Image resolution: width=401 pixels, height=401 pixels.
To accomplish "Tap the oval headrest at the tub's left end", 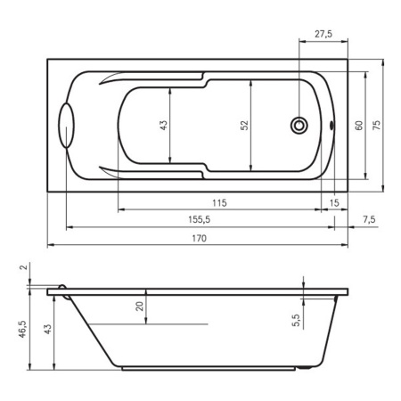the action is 67,126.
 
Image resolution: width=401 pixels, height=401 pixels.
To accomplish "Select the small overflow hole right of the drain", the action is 331,126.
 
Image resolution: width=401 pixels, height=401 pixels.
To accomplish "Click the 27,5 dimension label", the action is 323,34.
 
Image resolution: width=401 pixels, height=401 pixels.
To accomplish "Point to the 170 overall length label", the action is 199,238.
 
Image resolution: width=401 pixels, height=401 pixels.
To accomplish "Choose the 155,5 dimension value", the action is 199,219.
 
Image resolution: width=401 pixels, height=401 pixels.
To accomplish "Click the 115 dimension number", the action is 219,203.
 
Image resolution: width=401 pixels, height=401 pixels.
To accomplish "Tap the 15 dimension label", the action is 334,203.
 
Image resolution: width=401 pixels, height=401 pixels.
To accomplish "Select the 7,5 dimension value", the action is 369,219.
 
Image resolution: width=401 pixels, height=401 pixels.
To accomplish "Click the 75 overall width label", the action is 376,125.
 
